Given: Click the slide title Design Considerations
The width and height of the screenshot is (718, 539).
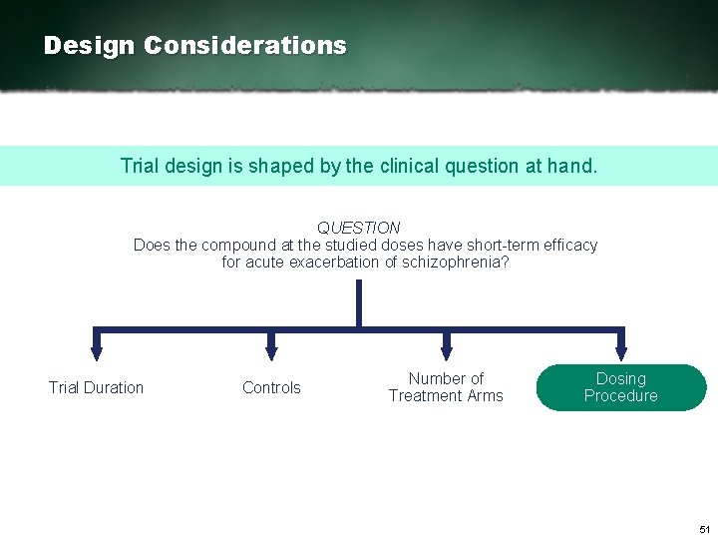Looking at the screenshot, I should [x=195, y=46].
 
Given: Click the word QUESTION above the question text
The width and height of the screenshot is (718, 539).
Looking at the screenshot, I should [x=359, y=228].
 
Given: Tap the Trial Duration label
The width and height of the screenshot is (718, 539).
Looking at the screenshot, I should [x=96, y=387].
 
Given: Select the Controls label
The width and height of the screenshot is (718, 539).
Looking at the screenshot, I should [x=271, y=387].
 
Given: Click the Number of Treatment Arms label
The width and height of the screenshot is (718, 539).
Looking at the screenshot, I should [x=446, y=387].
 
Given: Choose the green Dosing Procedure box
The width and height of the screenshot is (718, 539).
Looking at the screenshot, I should [x=620, y=387].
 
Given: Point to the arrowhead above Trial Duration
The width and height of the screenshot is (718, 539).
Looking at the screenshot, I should [x=96, y=351].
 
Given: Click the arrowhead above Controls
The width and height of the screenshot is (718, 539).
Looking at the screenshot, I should [x=270, y=351].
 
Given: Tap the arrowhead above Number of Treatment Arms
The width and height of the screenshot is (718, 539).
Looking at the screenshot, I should [x=446, y=351].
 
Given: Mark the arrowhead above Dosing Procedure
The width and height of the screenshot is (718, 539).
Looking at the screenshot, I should [x=620, y=351].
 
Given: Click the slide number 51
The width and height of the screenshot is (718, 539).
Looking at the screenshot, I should [x=704, y=528].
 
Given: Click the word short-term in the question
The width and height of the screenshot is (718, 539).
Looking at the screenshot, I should [x=499, y=245].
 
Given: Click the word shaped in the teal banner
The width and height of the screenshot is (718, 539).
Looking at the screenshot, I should [x=292, y=166].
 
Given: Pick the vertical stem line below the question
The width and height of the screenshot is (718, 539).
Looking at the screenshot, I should [x=358, y=303].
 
